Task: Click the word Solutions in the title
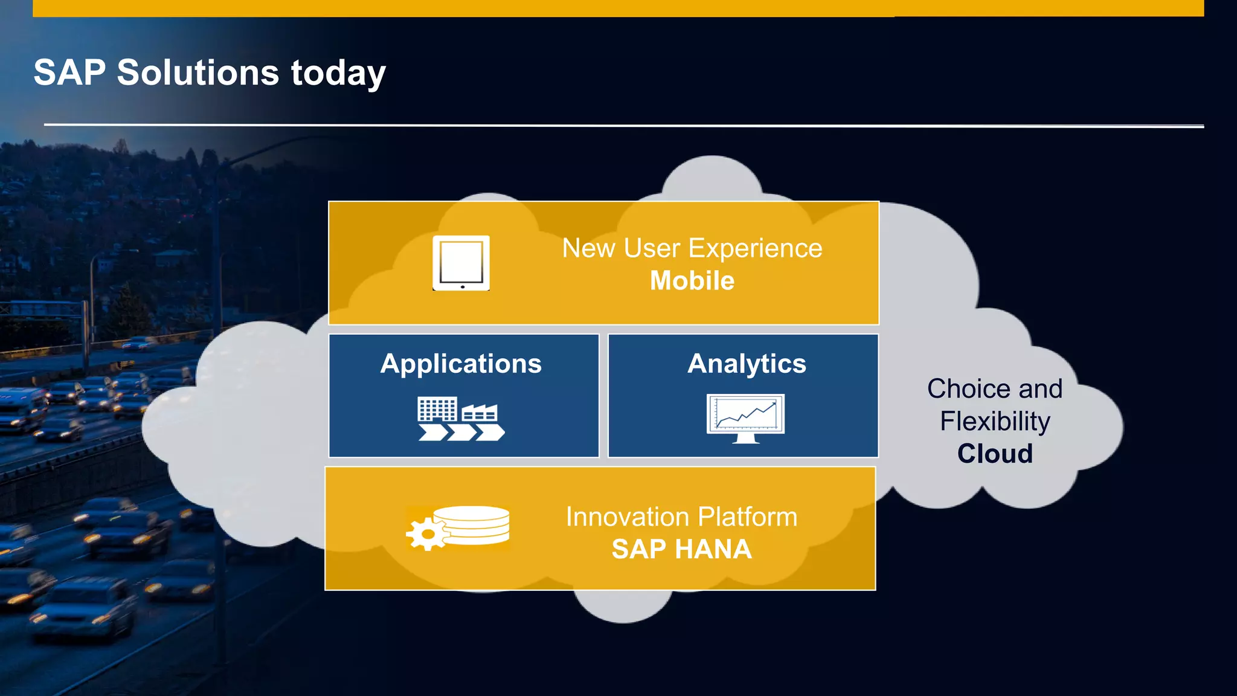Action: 198,72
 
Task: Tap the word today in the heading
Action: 338,74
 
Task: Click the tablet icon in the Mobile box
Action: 461,263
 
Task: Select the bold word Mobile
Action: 692,281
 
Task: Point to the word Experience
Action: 755,248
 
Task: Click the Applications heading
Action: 461,364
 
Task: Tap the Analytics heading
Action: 747,364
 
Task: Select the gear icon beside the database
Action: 427,534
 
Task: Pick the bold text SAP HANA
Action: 681,549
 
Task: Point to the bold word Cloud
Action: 995,454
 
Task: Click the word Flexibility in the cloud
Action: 995,421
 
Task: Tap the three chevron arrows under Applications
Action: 461,433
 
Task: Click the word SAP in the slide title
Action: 69,72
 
